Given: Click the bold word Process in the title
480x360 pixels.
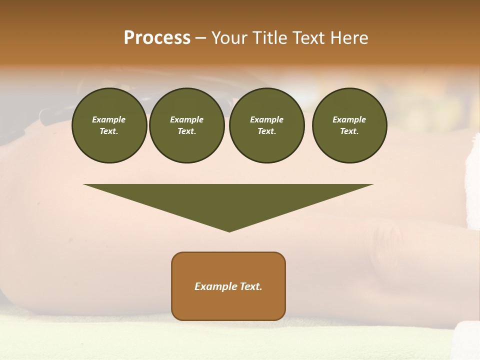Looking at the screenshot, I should click(x=157, y=38).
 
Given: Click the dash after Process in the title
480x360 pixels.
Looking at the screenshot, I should click(x=200, y=38).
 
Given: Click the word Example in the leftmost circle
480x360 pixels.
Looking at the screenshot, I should click(x=109, y=119).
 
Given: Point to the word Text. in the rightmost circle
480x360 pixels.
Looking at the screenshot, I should click(x=349, y=131).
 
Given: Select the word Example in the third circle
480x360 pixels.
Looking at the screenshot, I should click(x=266, y=119).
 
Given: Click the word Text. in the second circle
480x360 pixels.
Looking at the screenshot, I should click(x=186, y=131).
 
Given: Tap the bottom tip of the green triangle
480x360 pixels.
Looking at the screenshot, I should click(x=229, y=230).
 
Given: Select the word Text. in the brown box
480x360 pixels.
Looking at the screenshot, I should click(x=251, y=286).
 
